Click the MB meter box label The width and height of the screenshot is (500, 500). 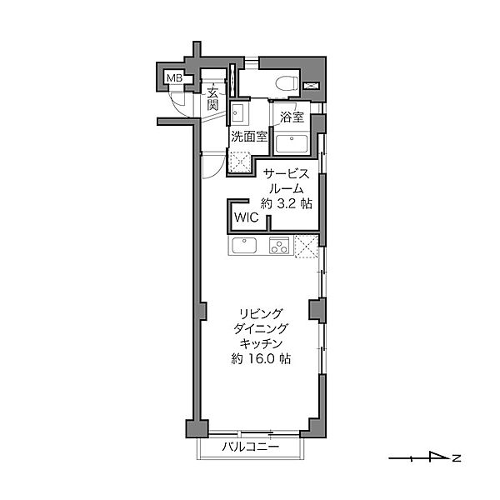pyautogui.click(x=174, y=78)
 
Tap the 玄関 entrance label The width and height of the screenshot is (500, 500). pyautogui.click(x=212, y=98)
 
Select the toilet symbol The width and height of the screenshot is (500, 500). pyautogui.click(x=286, y=83)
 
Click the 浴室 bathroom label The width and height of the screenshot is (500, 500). pyautogui.click(x=292, y=117)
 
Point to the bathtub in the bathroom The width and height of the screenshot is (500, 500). pyautogui.click(x=292, y=144)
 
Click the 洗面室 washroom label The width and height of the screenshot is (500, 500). pyautogui.click(x=248, y=137)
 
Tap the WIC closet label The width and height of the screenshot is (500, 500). pyautogui.click(x=246, y=217)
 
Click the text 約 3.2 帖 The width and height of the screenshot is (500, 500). pyautogui.click(x=286, y=203)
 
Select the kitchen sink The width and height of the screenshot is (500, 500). pyautogui.click(x=244, y=246)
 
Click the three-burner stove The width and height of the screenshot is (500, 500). pyautogui.click(x=279, y=245)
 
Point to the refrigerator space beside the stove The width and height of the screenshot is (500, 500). pyautogui.click(x=307, y=246)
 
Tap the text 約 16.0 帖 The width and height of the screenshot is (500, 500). pyautogui.click(x=261, y=359)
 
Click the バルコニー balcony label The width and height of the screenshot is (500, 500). pyautogui.click(x=250, y=447)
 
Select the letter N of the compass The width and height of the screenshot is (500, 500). pyautogui.click(x=457, y=458)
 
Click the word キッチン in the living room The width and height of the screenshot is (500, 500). pyautogui.click(x=261, y=343)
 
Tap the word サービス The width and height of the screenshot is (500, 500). pyautogui.click(x=286, y=174)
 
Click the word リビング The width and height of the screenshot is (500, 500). pyautogui.click(x=261, y=313)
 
